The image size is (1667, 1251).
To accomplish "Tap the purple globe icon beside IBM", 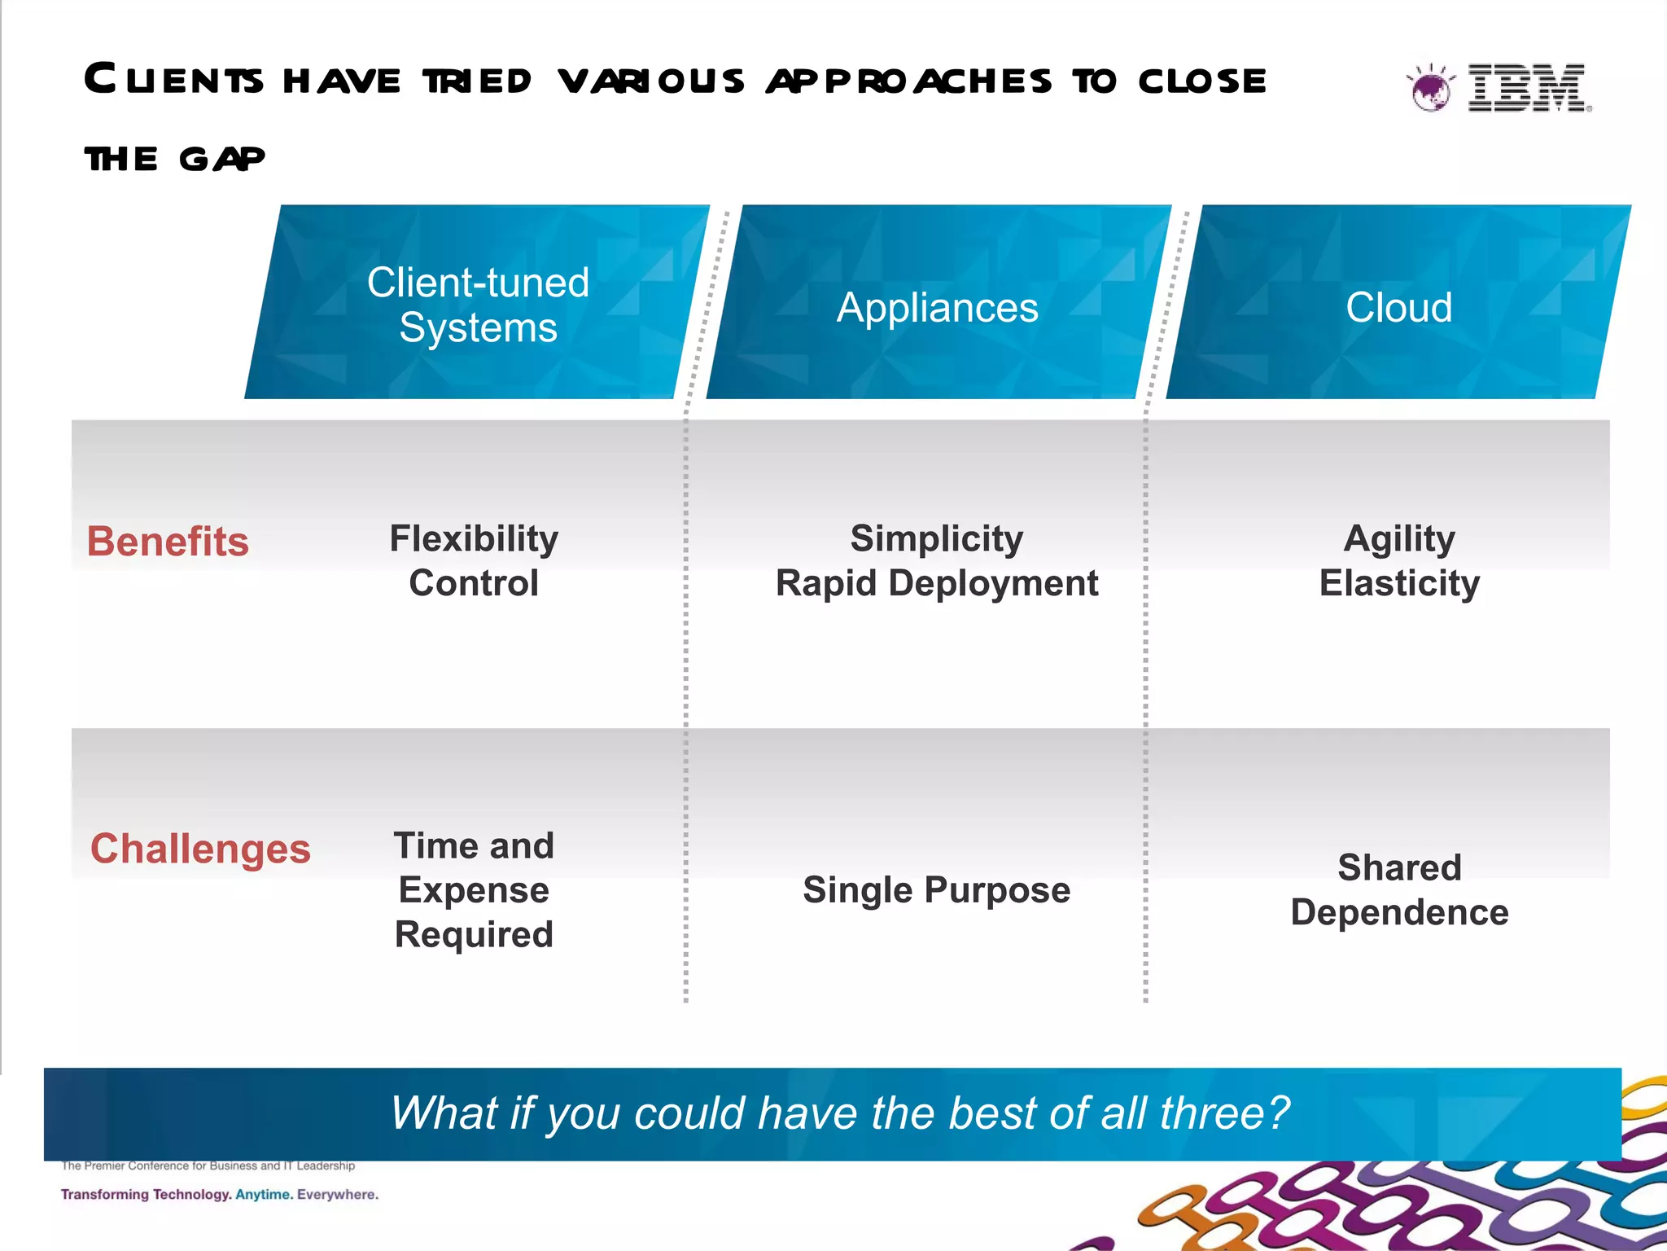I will (1430, 89).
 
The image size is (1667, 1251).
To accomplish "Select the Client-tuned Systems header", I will (478, 305).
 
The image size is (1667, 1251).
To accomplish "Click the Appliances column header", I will (937, 308).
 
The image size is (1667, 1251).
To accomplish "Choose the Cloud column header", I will (1398, 308).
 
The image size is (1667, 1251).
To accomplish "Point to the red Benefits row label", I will (168, 542).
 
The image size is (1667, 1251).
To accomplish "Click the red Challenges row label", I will (200, 849).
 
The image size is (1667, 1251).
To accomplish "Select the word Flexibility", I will (474, 538).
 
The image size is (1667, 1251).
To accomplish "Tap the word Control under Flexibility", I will (474, 583).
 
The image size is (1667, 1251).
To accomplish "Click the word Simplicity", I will (937, 538).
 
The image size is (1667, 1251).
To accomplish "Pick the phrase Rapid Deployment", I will (937, 583).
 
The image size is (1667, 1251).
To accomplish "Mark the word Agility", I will (1399, 538).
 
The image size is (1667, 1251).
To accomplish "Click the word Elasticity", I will (1399, 583).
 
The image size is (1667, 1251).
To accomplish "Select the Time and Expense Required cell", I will (474, 889).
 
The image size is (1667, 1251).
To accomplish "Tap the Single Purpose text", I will (937, 889).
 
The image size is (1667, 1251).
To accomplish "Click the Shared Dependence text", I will (1399, 889).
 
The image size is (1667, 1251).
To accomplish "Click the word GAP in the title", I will (221, 159).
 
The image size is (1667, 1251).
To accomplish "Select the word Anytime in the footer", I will (264, 1195).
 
